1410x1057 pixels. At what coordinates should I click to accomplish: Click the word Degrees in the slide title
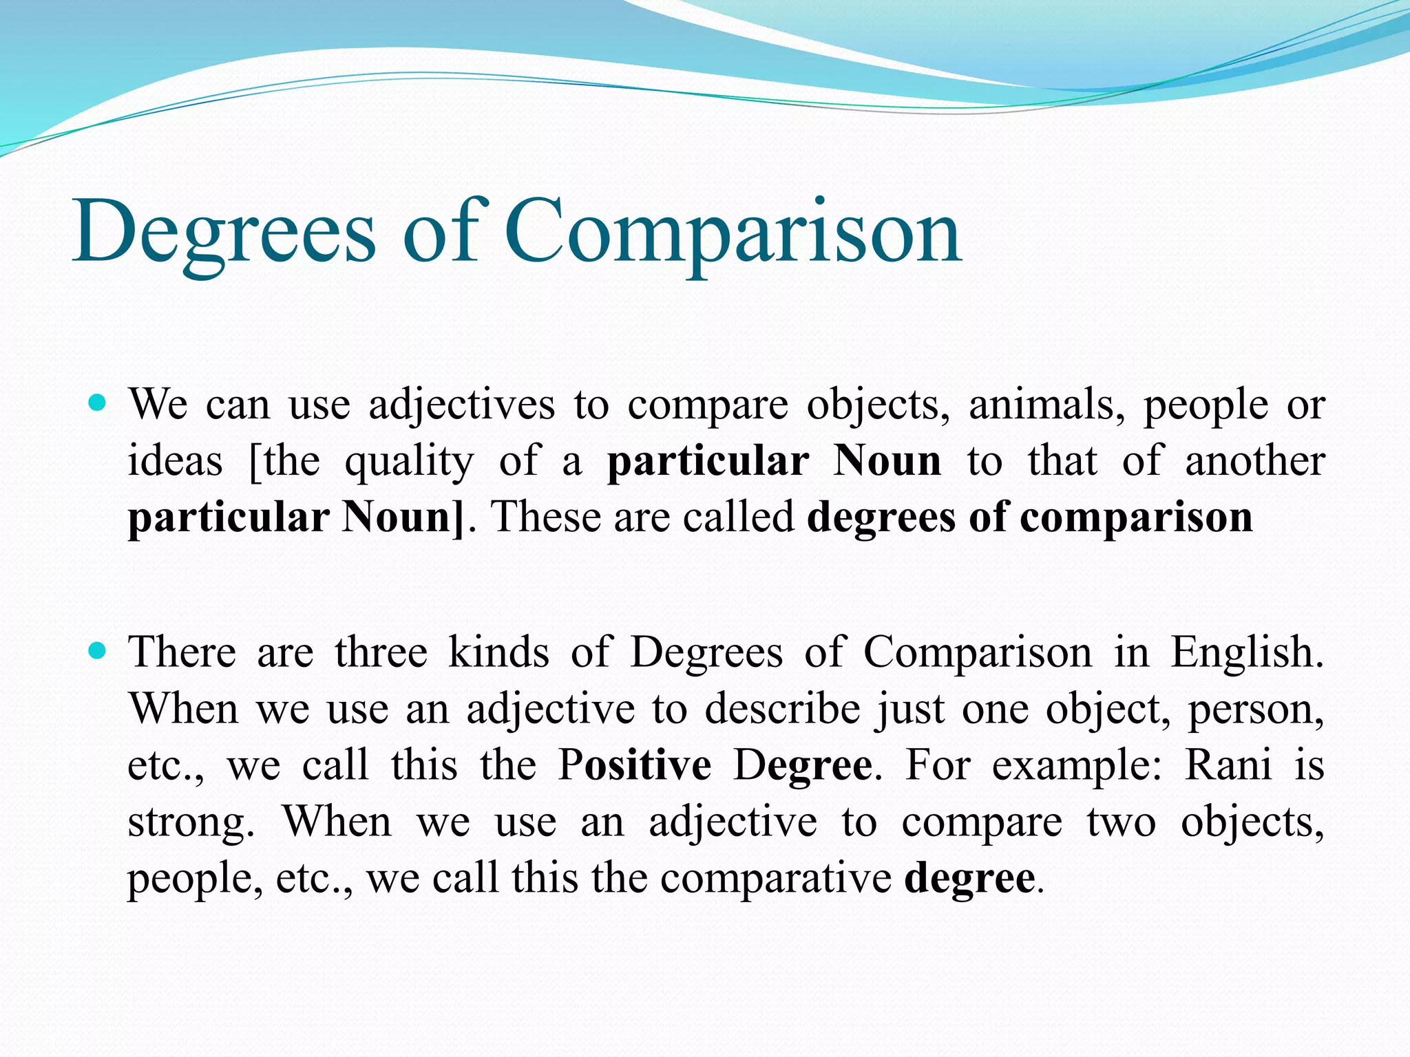point(224,233)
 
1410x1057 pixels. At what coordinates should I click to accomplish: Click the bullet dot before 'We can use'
point(98,401)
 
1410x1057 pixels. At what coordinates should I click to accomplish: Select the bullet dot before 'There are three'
point(98,649)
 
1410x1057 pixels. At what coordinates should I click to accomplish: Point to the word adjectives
point(461,405)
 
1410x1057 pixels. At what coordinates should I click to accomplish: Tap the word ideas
point(176,461)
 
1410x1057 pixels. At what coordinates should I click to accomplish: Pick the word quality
point(409,462)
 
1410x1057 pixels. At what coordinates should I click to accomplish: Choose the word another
point(1254,461)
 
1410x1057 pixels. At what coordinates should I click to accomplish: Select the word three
point(381,652)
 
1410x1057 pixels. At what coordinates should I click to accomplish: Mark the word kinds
point(498,652)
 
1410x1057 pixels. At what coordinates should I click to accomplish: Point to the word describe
point(782,709)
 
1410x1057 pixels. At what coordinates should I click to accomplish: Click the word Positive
point(634,765)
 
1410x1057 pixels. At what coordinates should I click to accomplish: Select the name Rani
point(1228,765)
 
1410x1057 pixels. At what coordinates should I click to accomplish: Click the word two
point(1121,822)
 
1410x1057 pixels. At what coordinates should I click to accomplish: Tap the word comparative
point(776,879)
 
